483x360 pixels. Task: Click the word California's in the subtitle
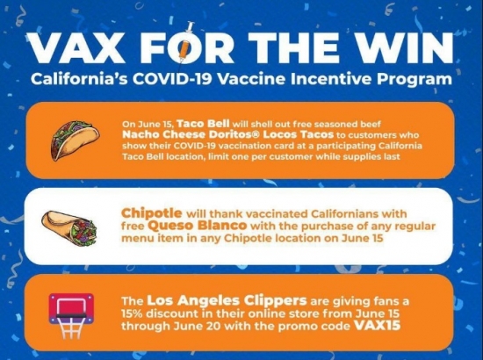pyautogui.click(x=79, y=79)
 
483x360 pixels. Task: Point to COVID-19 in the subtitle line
pyautogui.click(x=172, y=79)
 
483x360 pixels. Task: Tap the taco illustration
pyautogui.click(x=75, y=140)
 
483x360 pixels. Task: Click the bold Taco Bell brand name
pyautogui.click(x=204, y=124)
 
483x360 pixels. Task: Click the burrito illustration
pyautogui.click(x=69, y=228)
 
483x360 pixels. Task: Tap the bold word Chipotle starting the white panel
pyautogui.click(x=152, y=213)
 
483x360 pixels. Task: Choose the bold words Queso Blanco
pyautogui.click(x=197, y=226)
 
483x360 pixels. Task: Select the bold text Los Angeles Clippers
pyautogui.click(x=227, y=301)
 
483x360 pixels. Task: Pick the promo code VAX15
pyautogui.click(x=378, y=325)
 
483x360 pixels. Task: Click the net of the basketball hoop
pyautogui.click(x=71, y=328)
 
